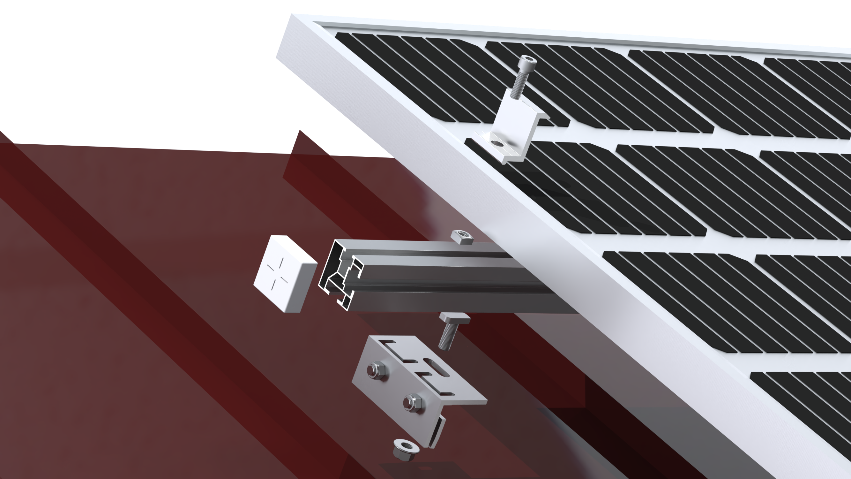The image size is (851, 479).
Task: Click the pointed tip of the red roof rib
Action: coord(299,131)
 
